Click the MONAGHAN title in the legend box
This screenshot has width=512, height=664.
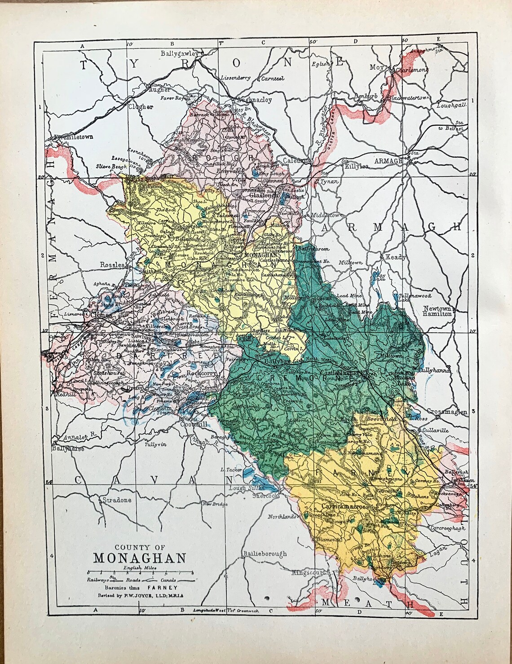[140, 558]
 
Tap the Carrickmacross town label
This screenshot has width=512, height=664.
[345, 506]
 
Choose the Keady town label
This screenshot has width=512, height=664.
[395, 257]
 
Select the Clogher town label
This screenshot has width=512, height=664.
[141, 107]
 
